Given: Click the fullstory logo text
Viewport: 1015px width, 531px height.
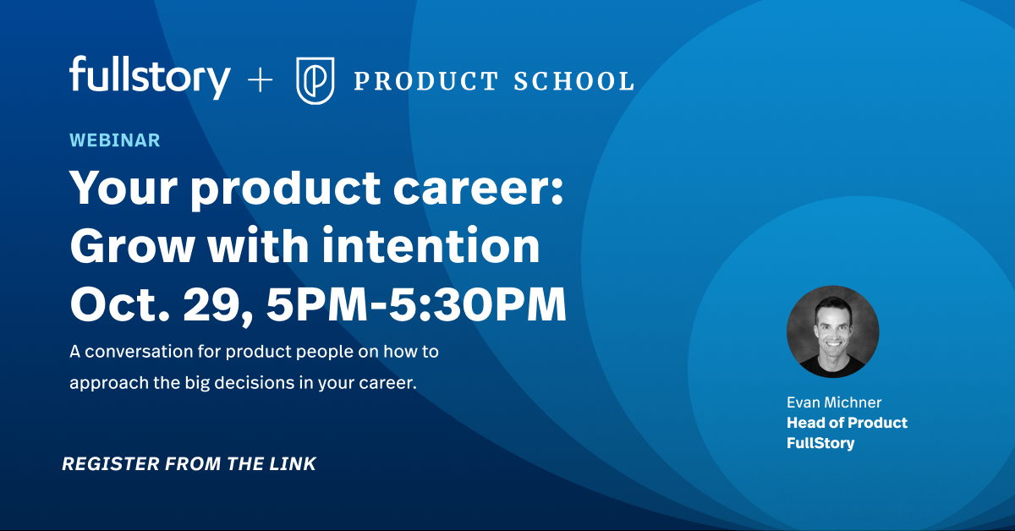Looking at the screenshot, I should tap(150, 78).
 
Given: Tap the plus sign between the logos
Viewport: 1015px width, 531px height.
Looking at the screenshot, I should tap(260, 80).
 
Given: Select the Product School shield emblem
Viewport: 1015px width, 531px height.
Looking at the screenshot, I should tap(315, 80).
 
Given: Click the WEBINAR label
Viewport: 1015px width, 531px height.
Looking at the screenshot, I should tap(114, 140).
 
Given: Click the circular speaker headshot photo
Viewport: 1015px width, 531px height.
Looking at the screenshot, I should tap(832, 331).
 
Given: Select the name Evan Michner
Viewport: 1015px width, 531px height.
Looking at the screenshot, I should tap(833, 402).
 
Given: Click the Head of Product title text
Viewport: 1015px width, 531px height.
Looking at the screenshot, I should tap(847, 423).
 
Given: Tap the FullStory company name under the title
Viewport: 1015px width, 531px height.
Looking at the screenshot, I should tap(820, 443).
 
